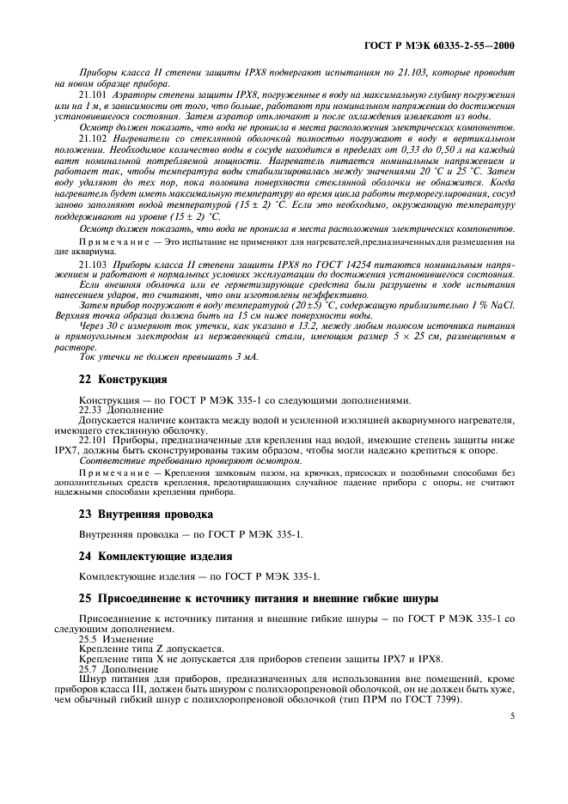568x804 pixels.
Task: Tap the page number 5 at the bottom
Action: (x=511, y=735)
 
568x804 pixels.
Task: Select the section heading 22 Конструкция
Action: (x=111, y=379)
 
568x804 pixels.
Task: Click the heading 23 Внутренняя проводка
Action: (x=133, y=514)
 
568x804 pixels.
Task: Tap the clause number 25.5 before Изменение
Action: (x=88, y=640)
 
